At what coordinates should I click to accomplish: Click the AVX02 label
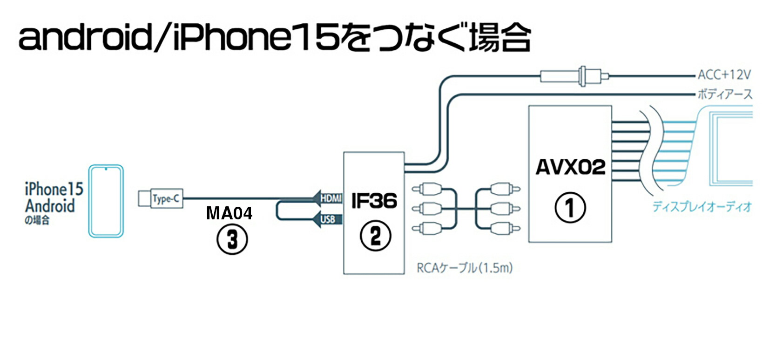tap(570, 167)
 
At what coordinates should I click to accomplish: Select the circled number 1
tap(570, 208)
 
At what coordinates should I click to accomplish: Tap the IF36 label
tap(374, 201)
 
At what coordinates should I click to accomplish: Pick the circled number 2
tap(375, 236)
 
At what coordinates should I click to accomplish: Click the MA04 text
tap(229, 213)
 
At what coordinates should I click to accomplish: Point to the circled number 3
tap(232, 240)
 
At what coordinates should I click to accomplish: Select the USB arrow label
tap(328, 219)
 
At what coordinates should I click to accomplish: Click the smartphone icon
tap(106, 201)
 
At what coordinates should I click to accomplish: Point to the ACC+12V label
tap(724, 75)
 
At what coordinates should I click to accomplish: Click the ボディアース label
tap(724, 95)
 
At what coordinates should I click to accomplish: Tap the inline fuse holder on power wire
tap(575, 76)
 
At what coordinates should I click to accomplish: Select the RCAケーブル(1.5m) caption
tap(464, 268)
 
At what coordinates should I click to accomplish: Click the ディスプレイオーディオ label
tap(702, 207)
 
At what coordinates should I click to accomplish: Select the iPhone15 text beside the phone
tap(54, 189)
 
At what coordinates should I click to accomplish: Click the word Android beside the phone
tap(50, 206)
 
